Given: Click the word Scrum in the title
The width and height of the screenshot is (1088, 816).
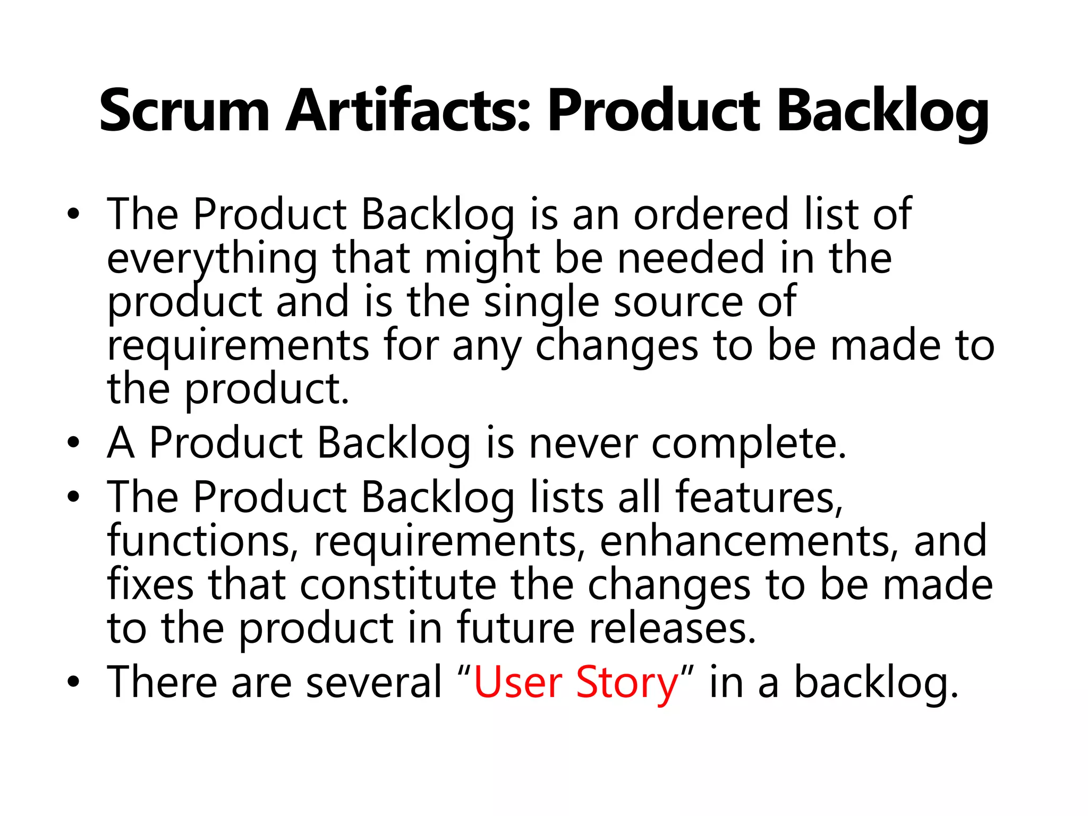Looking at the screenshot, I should (184, 112).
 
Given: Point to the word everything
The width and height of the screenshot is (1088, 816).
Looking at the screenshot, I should (212, 259).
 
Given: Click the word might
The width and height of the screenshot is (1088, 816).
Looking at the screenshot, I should (482, 259).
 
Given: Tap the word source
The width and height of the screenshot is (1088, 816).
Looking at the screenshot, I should (677, 302).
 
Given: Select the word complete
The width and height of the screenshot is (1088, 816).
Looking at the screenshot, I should (749, 444).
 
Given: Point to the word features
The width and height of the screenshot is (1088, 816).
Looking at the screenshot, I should (759, 497).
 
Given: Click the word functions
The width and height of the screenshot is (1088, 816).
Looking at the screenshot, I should (199, 541).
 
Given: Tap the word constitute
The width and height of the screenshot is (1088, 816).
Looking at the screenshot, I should (398, 584).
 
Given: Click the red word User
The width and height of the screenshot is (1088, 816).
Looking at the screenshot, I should (518, 682).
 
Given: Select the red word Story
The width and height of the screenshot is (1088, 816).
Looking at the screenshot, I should (627, 683).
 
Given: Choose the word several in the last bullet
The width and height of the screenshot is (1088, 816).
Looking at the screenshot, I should (374, 682).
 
